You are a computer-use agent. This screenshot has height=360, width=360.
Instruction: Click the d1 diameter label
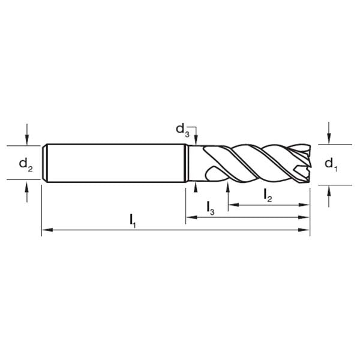tap(331, 164)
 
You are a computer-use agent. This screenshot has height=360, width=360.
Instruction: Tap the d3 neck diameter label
tap(182, 129)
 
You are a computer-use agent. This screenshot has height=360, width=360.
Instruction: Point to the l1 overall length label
tap(133, 220)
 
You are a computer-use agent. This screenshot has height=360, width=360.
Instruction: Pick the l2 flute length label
tap(268, 195)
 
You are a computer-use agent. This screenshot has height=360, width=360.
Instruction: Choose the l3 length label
tap(210, 208)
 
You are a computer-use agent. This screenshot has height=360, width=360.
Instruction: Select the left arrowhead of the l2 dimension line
tap(232, 205)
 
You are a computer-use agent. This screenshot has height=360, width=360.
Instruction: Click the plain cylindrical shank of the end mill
tap(114, 162)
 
